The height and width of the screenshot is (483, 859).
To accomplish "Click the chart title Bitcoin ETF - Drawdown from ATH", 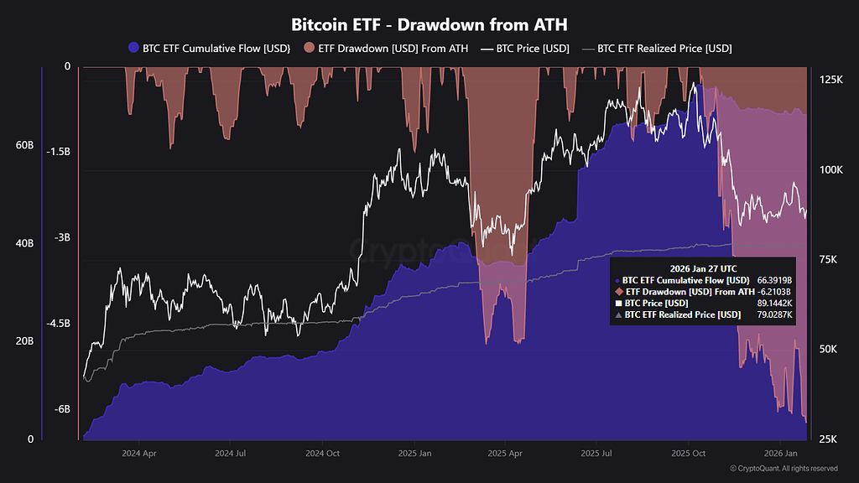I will click(429, 24).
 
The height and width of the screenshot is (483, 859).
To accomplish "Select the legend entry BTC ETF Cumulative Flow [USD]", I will click(206, 49).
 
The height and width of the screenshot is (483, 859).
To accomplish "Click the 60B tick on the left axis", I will click(24, 145).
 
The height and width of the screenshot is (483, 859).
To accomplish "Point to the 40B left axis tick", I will click(24, 243).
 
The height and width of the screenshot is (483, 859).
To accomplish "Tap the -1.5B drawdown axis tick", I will click(59, 152).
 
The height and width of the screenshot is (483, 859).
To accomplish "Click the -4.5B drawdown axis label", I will click(59, 324).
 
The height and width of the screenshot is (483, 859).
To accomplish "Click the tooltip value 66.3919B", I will click(774, 280).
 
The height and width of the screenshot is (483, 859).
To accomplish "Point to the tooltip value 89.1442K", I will click(774, 303).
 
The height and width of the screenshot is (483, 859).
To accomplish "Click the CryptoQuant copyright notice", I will click(784, 469).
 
